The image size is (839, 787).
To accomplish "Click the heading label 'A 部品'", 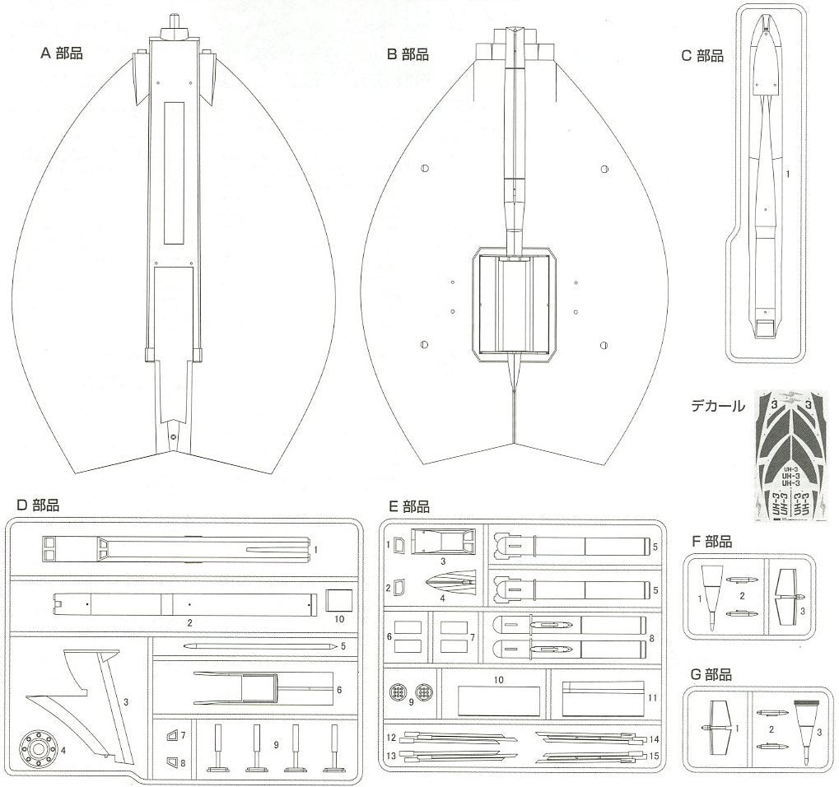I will click(62, 54).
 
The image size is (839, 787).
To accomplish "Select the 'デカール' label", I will click(718, 405).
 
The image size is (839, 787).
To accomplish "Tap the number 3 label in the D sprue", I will click(126, 702).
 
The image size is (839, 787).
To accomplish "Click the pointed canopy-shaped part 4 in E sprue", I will click(450, 585).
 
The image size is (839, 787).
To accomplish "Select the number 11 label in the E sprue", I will click(652, 697).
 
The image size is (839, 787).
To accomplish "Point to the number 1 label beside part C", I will click(788, 175).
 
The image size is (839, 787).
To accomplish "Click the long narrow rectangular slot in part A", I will click(175, 174).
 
